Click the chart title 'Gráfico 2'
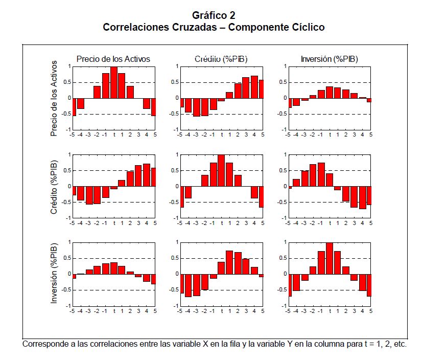[x=214, y=15]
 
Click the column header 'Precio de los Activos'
[x=113, y=59]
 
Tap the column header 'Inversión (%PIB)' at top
[x=329, y=59]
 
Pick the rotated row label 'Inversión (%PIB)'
[x=54, y=274]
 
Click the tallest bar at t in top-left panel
[x=114, y=82]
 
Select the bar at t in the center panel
[x=221, y=170]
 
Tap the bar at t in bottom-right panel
[x=330, y=258]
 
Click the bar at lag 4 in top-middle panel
[x=254, y=87]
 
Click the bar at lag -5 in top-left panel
[x=74, y=107]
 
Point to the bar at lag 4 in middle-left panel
[x=146, y=175]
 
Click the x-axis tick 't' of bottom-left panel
[x=114, y=310]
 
